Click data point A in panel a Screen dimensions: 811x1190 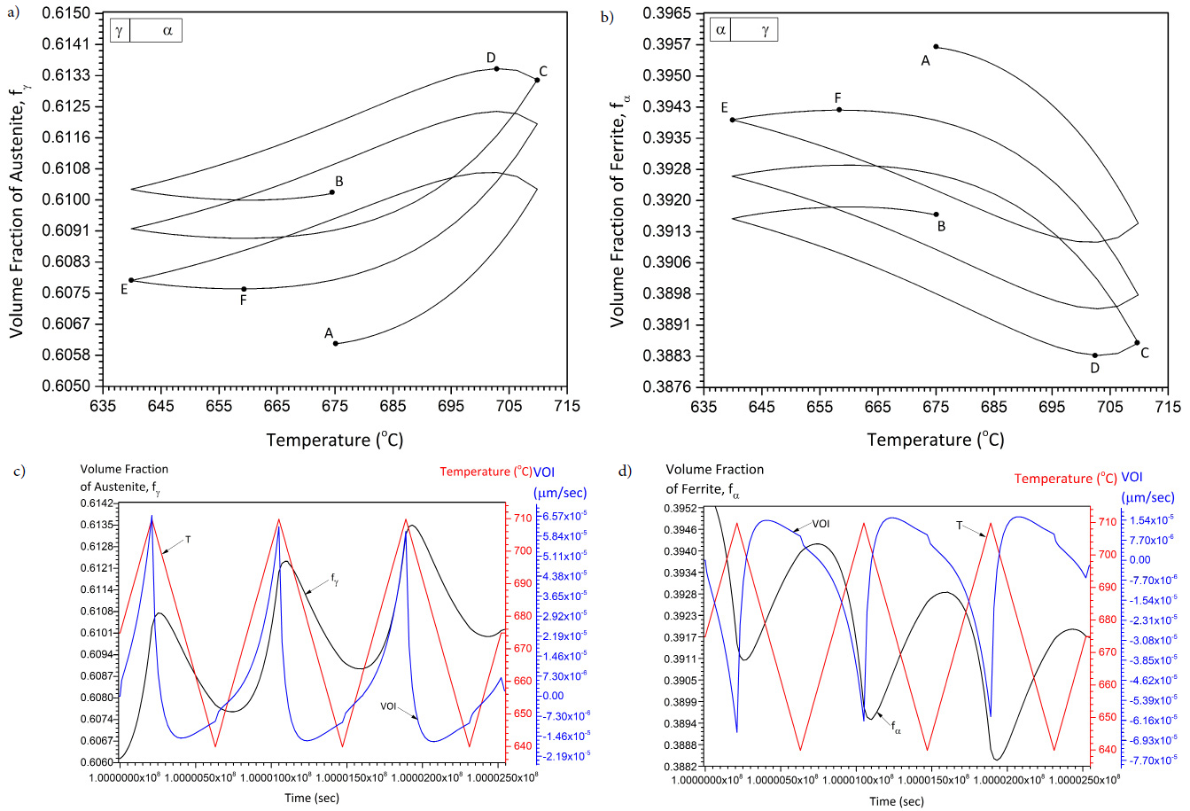click(x=336, y=343)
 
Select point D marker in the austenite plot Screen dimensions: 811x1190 click(x=496, y=68)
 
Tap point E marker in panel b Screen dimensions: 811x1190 click(x=732, y=120)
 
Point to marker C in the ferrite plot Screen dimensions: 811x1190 click(x=1137, y=342)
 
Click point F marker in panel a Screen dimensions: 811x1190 click(x=244, y=288)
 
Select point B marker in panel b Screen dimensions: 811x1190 click(x=936, y=214)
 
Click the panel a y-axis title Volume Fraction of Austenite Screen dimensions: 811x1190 click(x=17, y=199)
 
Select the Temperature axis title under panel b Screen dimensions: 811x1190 click(x=935, y=440)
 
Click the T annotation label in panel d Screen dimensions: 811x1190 click(x=960, y=525)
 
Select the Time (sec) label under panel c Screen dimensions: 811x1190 click(x=311, y=798)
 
